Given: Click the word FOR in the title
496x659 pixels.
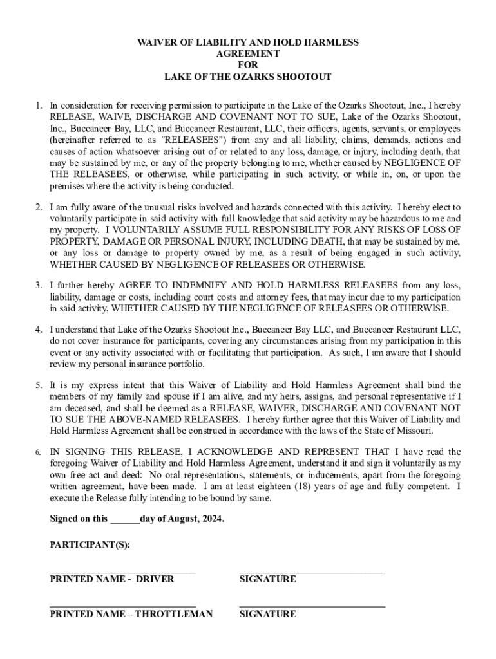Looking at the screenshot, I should (x=248, y=65).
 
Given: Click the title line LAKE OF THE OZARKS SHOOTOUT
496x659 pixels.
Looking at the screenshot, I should (x=248, y=77).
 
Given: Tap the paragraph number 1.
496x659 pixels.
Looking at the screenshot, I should (x=39, y=105).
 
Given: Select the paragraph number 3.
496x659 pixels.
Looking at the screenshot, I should (x=39, y=285).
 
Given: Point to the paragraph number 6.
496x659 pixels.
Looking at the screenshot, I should (x=39, y=452).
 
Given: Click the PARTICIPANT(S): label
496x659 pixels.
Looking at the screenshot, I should (x=90, y=544).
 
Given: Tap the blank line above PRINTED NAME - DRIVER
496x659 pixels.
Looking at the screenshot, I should (x=122, y=570).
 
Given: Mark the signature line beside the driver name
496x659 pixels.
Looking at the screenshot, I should (x=312, y=570).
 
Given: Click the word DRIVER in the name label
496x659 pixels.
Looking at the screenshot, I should (x=155, y=579).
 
